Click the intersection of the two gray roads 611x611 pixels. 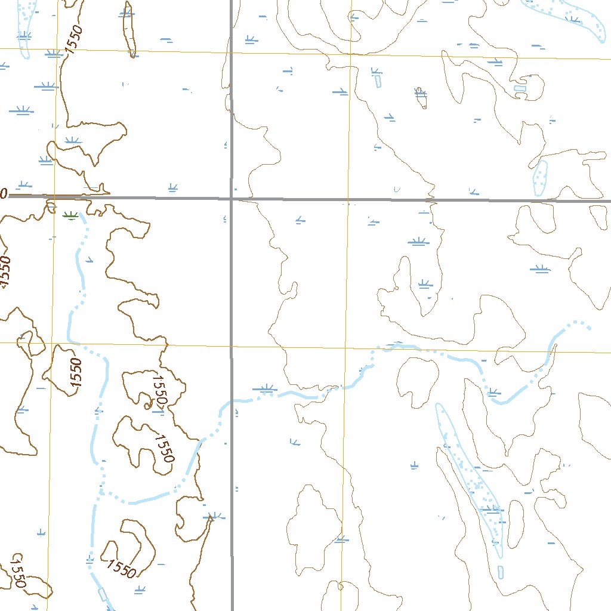[x=232, y=198]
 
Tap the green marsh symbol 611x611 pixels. [x=70, y=215]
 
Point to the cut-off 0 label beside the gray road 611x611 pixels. [x=3, y=194]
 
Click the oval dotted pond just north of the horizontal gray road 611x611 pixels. [x=540, y=177]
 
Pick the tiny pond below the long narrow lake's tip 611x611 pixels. [x=501, y=572]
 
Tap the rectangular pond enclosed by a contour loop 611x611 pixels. [x=520, y=89]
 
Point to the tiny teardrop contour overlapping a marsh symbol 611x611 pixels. [x=421, y=98]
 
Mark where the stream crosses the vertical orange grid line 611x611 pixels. [x=345, y=387]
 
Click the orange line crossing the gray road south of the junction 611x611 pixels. [x=232, y=345]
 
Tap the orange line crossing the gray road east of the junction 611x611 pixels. [x=349, y=200]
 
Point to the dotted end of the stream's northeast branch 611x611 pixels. [x=588, y=327]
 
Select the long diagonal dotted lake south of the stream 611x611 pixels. [x=471, y=477]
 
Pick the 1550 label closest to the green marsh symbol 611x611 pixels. [x=5, y=271]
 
